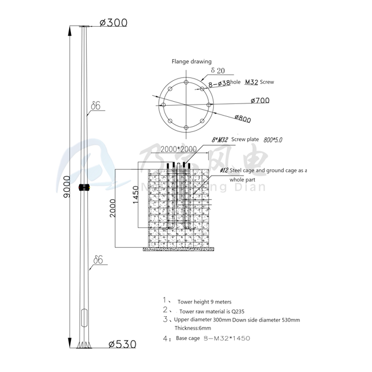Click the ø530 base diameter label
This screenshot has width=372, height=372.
(x=123, y=344)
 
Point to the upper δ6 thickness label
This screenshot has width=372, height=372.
(x=96, y=106)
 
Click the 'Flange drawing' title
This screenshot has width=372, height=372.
(x=191, y=61)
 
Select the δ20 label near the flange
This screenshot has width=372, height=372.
(x=217, y=70)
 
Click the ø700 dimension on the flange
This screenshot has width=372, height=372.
(x=259, y=100)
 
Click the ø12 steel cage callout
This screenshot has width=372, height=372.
(x=224, y=170)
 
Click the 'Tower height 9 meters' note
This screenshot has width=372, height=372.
(x=204, y=302)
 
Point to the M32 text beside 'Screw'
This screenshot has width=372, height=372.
(x=251, y=82)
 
